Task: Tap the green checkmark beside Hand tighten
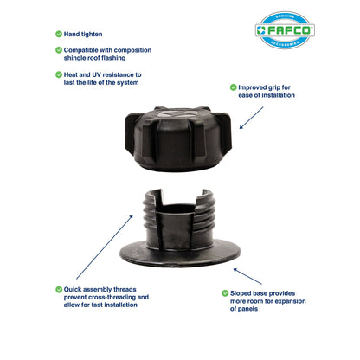(x=59, y=34)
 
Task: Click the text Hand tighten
(x=83, y=34)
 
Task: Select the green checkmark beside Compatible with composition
(x=59, y=50)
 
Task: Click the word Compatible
(x=86, y=50)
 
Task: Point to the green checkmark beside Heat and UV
(x=59, y=74)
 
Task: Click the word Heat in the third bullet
(x=73, y=74)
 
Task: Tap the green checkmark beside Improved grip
(x=232, y=87)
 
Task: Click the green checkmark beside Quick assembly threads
(x=59, y=289)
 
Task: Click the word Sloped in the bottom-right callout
(x=244, y=293)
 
